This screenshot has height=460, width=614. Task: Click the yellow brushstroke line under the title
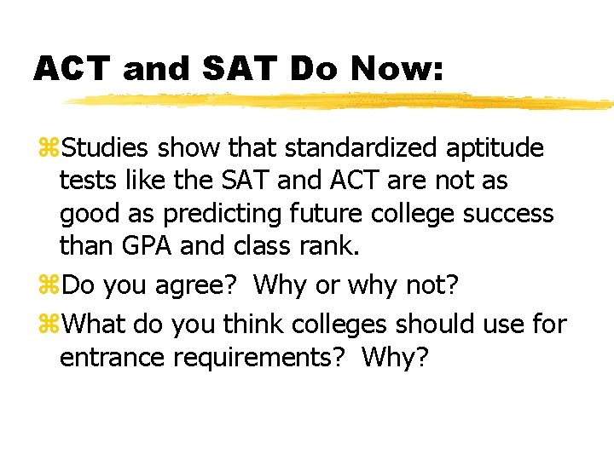point(341,101)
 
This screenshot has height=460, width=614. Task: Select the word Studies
point(103,148)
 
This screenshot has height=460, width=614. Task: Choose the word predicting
point(242,214)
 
